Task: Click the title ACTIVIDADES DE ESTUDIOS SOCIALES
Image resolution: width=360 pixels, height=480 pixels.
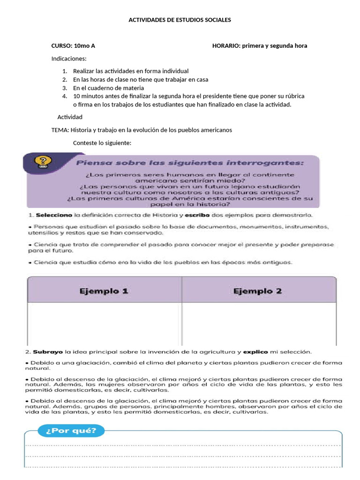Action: pyautogui.click(x=180, y=21)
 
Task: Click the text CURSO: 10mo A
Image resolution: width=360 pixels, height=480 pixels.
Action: pyautogui.click(x=73, y=46)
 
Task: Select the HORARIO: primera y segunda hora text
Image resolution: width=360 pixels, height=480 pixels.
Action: pyautogui.click(x=260, y=46)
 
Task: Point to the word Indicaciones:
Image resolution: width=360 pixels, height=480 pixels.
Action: pyautogui.click(x=69, y=59)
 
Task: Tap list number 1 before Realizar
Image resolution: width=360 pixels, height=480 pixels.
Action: pyautogui.click(x=65, y=71)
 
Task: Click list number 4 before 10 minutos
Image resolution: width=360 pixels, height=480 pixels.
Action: pyautogui.click(x=65, y=96)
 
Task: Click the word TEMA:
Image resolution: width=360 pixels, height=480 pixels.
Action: pyautogui.click(x=60, y=130)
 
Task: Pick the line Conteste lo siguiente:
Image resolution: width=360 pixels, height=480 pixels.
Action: pyautogui.click(x=102, y=142)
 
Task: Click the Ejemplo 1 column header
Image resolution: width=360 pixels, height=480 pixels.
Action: pyautogui.click(x=104, y=291)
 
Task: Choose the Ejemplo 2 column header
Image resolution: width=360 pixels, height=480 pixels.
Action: pyautogui.click(x=257, y=291)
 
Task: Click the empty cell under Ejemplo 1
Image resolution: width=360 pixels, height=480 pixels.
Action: pyautogui.click(x=104, y=323)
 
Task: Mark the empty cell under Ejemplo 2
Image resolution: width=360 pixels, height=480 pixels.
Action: pyautogui.click(x=258, y=323)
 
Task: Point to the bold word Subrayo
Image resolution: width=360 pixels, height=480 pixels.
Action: pyautogui.click(x=48, y=351)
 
